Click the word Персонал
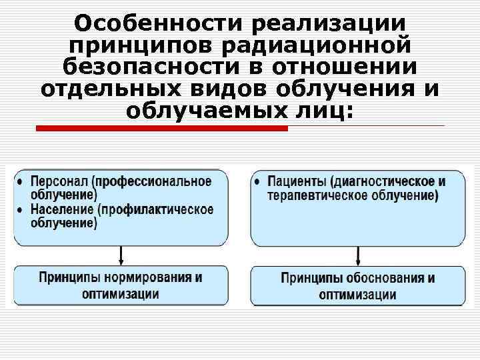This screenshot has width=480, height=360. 60,181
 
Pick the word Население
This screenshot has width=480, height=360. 62,209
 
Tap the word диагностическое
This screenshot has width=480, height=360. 387,181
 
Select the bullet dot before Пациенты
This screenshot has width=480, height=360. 258,181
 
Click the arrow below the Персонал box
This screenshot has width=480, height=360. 121,255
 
